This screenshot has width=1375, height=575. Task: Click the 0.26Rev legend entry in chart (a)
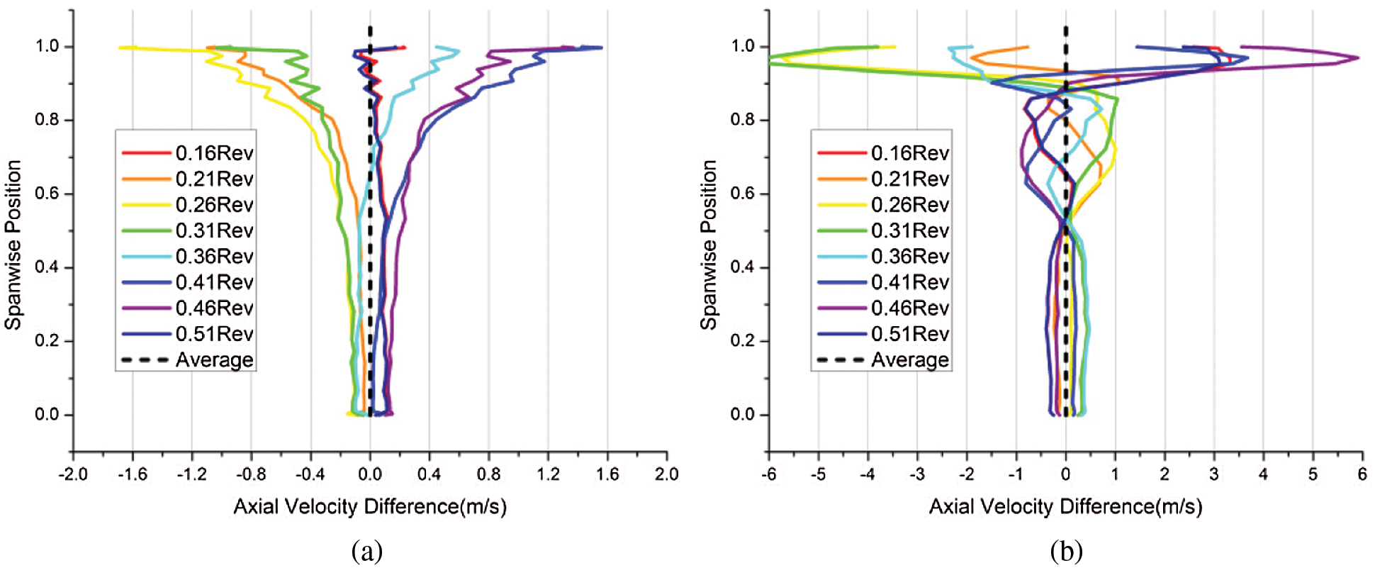tap(214, 205)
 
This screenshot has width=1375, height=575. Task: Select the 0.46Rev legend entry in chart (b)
tap(909, 308)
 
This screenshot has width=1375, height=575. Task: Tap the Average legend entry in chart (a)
tap(214, 360)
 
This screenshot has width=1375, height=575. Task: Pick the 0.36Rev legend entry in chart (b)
tap(909, 257)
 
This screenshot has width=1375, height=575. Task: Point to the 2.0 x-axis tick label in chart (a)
tap(666, 474)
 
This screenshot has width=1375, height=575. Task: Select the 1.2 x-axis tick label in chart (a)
tap(547, 474)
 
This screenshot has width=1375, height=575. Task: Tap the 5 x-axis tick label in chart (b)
tap(1313, 474)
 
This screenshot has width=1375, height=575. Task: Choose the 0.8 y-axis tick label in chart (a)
tap(47, 120)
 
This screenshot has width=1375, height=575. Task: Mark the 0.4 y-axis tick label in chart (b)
tap(743, 267)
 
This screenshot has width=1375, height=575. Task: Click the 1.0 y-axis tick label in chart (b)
tap(743, 46)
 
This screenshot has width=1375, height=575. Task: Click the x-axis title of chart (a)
tap(370, 507)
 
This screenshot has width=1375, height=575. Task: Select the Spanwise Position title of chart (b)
tap(709, 245)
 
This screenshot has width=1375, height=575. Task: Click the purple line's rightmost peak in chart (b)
tap(1358, 57)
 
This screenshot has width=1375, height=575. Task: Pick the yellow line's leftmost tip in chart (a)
tap(120, 48)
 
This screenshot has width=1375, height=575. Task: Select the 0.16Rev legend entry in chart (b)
tap(909, 153)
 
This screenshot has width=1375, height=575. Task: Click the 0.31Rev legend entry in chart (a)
tap(214, 231)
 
